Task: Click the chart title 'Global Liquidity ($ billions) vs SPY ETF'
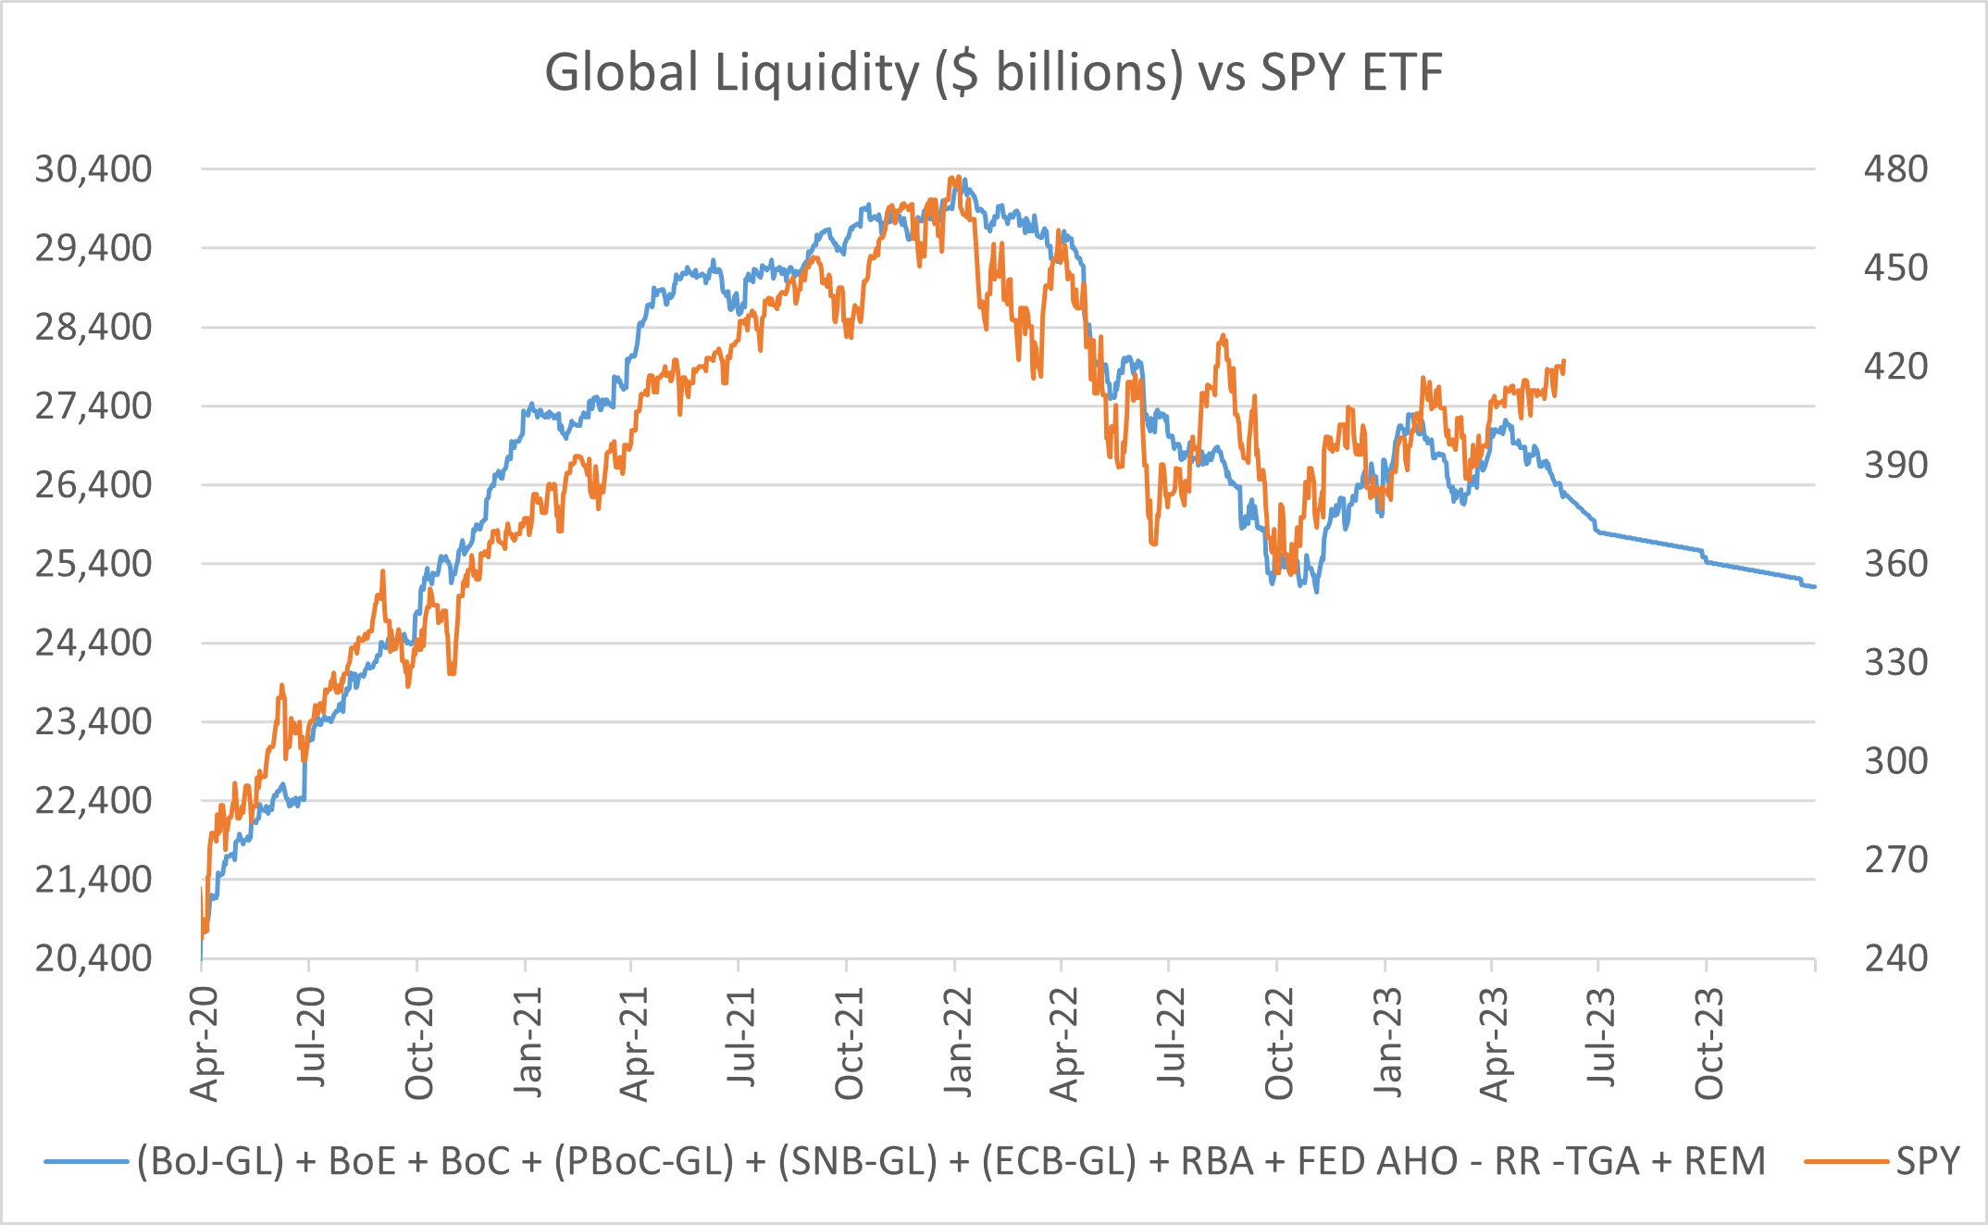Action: [993, 72]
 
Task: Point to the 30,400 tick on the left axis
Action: [93, 169]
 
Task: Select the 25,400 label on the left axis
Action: [93, 563]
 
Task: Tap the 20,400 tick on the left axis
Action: [93, 958]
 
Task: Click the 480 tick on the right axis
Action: [1895, 169]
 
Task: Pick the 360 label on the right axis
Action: [1895, 563]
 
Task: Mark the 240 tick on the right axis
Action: [1895, 958]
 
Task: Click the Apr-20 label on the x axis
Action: [204, 1044]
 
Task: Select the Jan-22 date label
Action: [958, 1044]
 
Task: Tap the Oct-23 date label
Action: [1709, 1044]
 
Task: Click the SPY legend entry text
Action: [1928, 1161]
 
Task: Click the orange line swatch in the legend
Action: [1845, 1161]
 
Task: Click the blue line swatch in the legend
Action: [85, 1161]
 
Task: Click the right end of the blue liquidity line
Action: [1814, 587]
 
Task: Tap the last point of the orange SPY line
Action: [1563, 361]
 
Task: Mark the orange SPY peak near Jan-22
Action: [953, 178]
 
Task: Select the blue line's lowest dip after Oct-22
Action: [1316, 591]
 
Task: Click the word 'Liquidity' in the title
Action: [816, 72]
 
